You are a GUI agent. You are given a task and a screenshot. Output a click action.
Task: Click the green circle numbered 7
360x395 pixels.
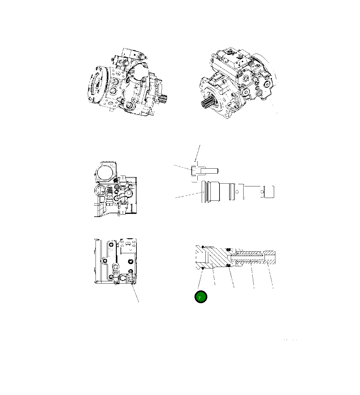[x=200, y=297]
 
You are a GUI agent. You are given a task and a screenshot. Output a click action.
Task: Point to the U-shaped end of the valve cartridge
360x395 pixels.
[x=269, y=192]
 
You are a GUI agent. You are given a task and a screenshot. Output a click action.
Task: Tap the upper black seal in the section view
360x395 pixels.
[x=228, y=249]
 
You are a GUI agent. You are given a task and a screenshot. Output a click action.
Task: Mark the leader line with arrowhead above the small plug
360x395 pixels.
[x=197, y=153]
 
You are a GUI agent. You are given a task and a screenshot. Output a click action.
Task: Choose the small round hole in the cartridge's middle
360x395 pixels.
[x=237, y=191]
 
